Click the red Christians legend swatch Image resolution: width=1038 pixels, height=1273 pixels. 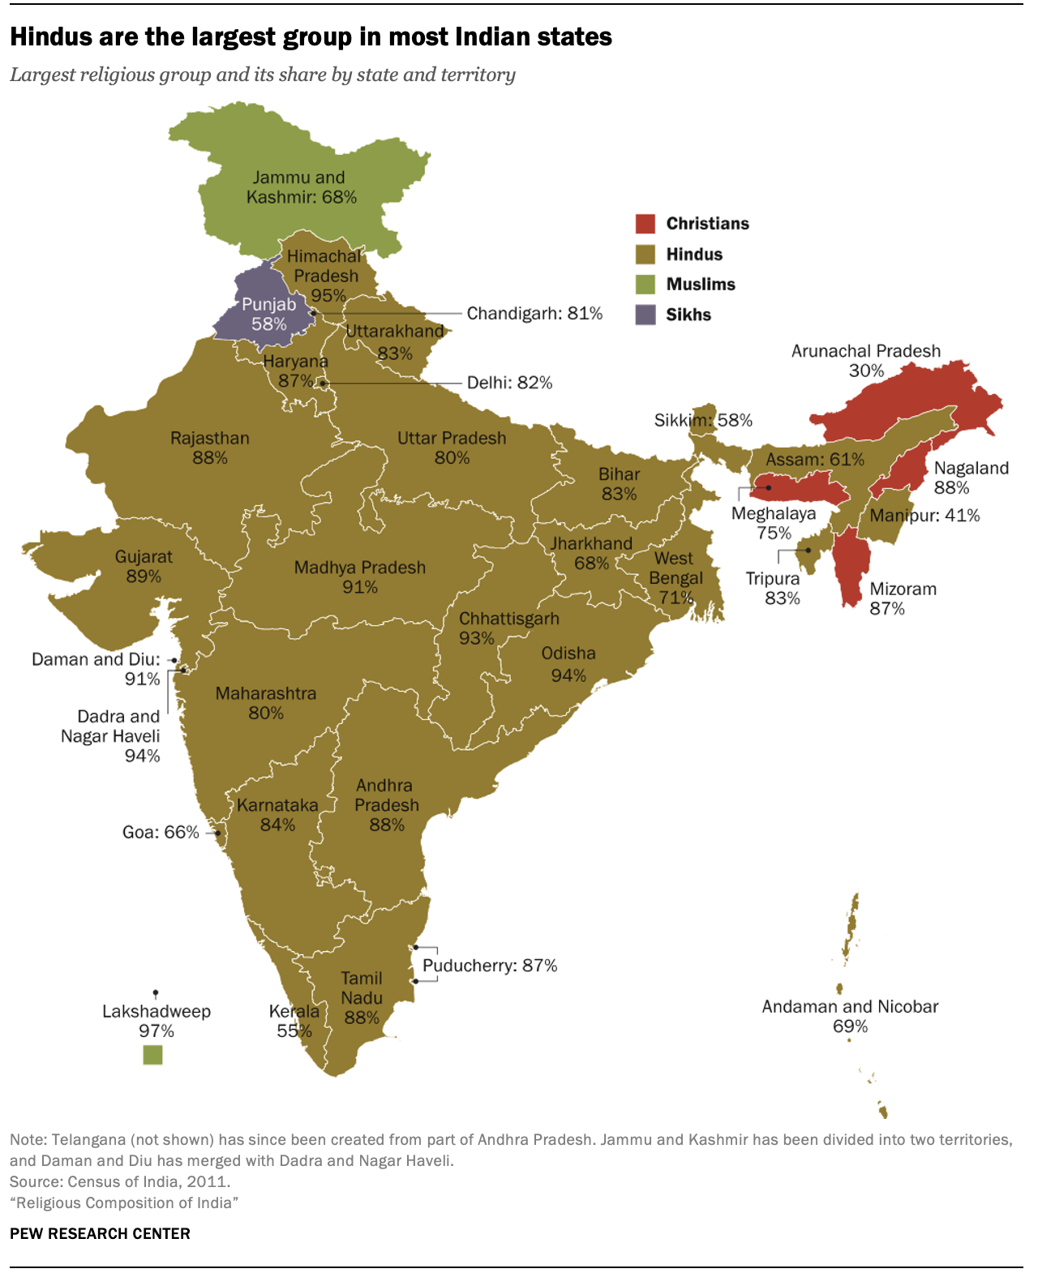click(645, 224)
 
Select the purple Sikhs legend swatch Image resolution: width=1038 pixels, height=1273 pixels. click(645, 315)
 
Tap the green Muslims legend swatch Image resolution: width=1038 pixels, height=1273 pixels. click(645, 285)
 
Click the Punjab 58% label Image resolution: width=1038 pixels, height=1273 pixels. click(268, 315)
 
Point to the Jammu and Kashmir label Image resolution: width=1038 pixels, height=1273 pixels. click(301, 187)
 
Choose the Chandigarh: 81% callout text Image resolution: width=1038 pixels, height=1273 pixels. click(534, 314)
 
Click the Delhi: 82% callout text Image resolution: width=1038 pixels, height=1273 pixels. click(509, 383)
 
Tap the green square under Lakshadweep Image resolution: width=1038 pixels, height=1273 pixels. click(152, 1055)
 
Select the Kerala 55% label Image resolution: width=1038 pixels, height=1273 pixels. click(294, 1021)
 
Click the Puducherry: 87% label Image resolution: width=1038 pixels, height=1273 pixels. click(490, 966)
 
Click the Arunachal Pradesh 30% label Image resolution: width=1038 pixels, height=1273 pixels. click(866, 361)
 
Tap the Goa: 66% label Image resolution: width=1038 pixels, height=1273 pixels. click(161, 833)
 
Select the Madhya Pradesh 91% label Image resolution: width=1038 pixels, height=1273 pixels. click(359, 577)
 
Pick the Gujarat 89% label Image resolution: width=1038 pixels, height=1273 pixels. click(144, 566)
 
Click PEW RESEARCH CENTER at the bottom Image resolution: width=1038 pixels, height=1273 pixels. click(100, 1233)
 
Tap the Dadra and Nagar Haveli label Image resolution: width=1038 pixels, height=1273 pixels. click(111, 735)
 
